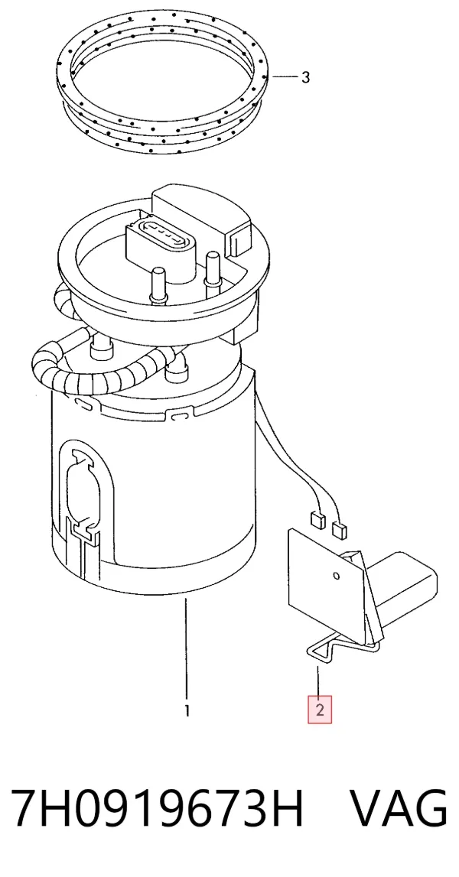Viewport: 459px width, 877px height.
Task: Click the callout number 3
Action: click(305, 77)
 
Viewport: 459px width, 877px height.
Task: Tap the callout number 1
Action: click(187, 711)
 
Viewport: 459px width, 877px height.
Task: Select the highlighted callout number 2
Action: click(320, 710)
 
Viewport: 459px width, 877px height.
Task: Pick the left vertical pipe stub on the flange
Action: click(158, 285)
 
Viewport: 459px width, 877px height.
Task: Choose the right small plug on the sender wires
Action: click(339, 529)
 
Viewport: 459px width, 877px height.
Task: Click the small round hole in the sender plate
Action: click(336, 576)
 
